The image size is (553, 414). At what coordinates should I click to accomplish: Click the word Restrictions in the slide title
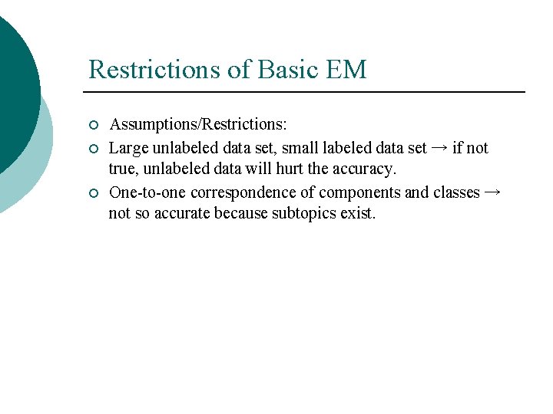154,70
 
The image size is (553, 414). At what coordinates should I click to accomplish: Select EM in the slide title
346,70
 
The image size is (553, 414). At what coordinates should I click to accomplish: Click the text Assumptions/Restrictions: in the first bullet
199,125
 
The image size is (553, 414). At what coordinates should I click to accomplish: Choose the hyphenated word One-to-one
147,192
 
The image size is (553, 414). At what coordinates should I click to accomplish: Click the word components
359,192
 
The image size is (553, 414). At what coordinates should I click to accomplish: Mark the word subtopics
304,213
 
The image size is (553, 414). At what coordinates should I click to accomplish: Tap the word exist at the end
358,213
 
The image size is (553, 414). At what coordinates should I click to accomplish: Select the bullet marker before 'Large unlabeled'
93,148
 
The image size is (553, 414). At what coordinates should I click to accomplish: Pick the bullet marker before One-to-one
93,192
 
